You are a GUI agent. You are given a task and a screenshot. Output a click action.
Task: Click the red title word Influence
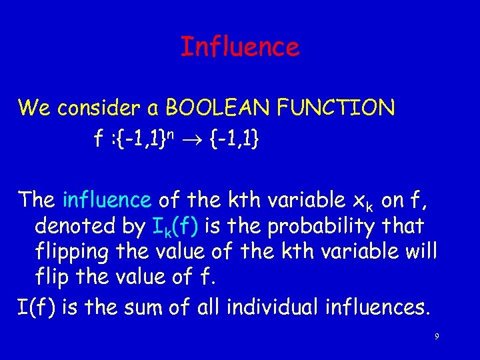pos(240,47)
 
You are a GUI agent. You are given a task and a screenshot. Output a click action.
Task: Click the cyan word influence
pos(107,199)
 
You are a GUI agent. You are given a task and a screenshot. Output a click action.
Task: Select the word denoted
pos(73,227)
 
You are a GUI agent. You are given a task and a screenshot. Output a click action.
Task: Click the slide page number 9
pos(437,337)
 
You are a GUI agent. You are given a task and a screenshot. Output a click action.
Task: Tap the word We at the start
pos(33,107)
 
